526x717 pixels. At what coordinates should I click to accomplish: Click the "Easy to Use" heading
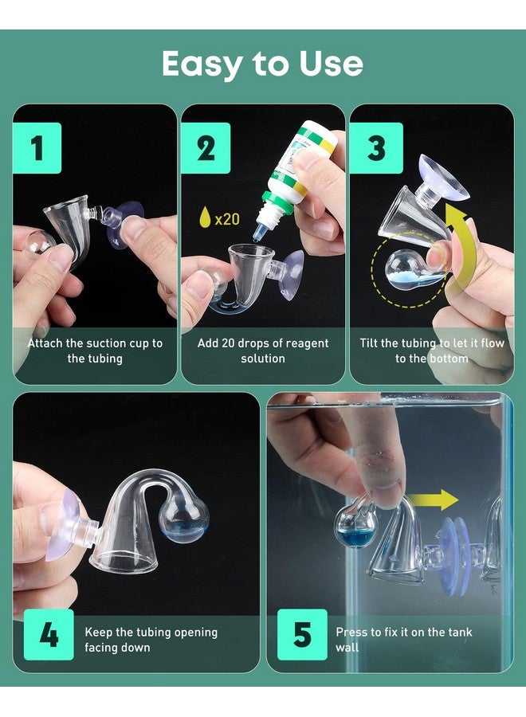click(262, 64)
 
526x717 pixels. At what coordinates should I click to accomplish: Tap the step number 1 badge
click(37, 148)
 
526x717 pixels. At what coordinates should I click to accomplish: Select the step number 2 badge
click(206, 148)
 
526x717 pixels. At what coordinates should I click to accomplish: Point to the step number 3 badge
click(375, 148)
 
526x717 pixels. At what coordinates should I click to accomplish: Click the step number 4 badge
click(48, 635)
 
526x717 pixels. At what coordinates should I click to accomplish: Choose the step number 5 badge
click(302, 635)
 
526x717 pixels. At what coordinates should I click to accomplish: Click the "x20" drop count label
click(227, 218)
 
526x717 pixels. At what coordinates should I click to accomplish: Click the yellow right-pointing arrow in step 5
click(437, 500)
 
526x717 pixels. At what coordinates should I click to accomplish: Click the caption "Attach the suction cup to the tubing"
click(95, 351)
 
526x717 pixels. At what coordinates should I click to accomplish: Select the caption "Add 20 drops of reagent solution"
click(263, 351)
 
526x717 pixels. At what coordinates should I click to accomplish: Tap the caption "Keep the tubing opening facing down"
click(151, 640)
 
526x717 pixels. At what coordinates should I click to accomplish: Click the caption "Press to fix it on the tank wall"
click(403, 640)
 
